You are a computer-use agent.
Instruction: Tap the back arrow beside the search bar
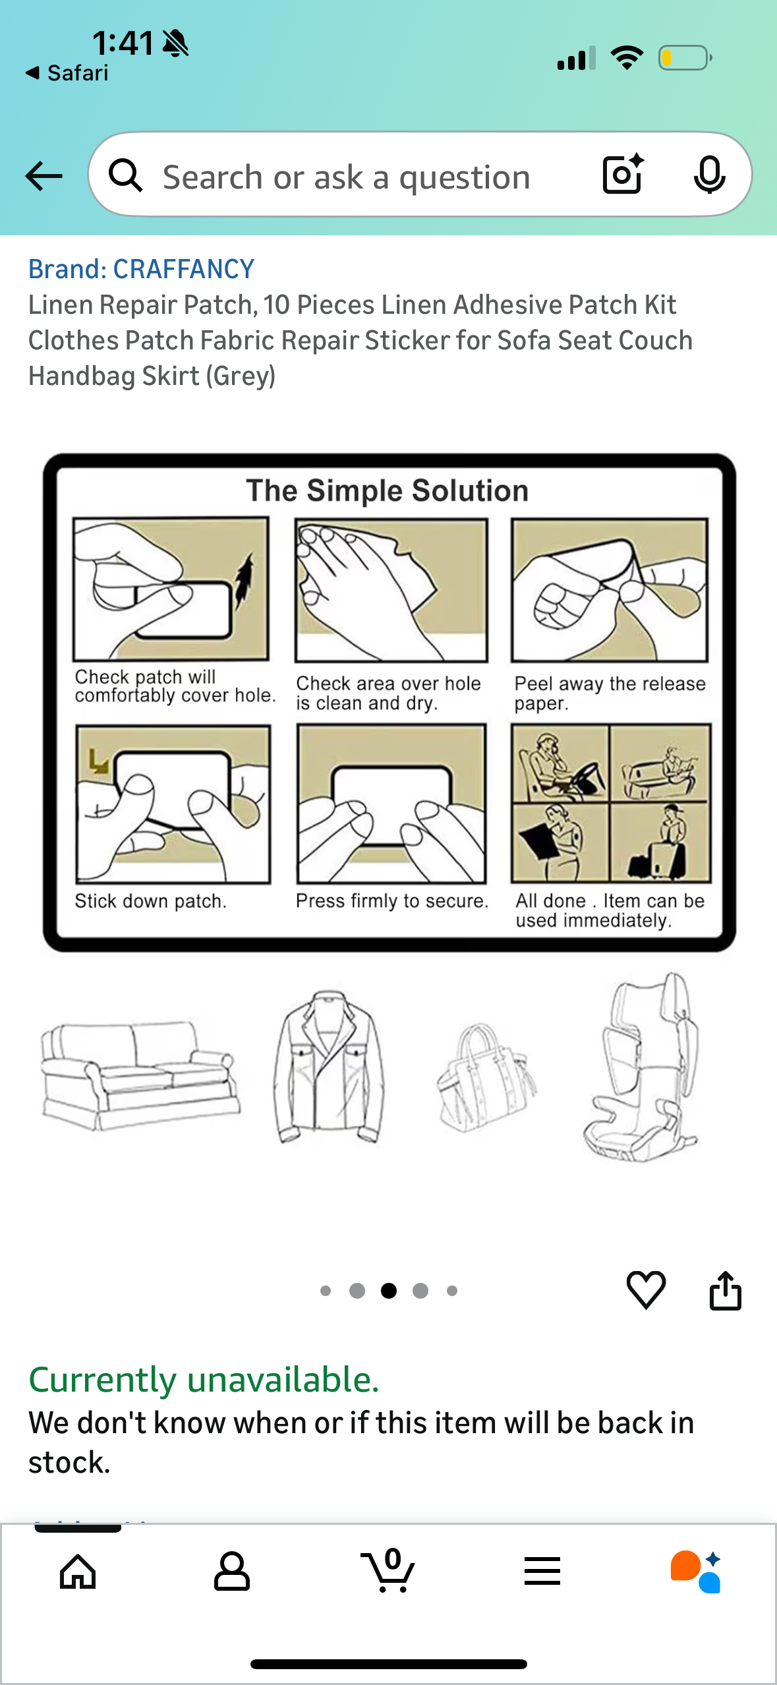pyautogui.click(x=43, y=176)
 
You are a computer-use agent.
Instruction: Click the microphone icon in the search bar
pyautogui.click(x=709, y=175)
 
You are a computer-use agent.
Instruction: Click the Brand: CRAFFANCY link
pyautogui.click(x=141, y=269)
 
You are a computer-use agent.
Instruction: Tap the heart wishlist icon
pyautogui.click(x=646, y=1289)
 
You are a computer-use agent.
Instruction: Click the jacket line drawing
pyautogui.click(x=328, y=1066)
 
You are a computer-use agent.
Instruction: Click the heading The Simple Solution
pyautogui.click(x=388, y=490)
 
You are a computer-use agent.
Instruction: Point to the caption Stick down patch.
pyautogui.click(x=150, y=901)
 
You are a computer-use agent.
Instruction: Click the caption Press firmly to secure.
pyautogui.click(x=392, y=901)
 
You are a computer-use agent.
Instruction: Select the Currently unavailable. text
pyautogui.click(x=204, y=1380)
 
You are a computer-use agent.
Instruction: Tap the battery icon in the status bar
pyautogui.click(x=685, y=58)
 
